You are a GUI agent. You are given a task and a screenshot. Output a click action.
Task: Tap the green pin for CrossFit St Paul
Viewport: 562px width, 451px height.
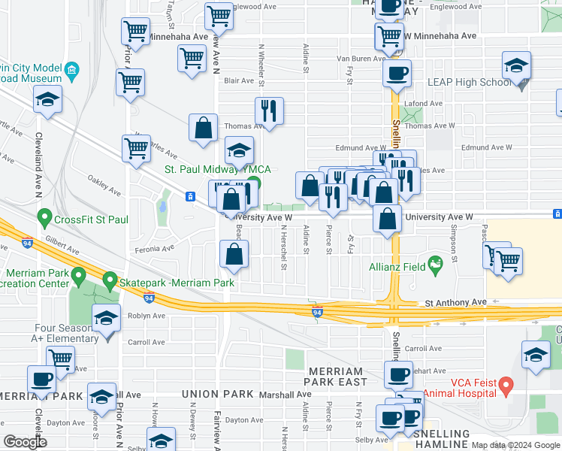(x=44, y=220)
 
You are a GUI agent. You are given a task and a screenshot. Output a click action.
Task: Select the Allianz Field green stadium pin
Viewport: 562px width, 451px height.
(x=434, y=265)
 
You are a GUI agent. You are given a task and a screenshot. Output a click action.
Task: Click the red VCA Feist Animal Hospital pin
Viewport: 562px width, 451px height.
(x=506, y=387)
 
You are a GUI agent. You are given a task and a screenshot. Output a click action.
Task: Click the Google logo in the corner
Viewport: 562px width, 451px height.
(x=25, y=442)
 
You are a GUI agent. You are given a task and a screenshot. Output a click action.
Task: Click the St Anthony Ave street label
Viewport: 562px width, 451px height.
(x=456, y=302)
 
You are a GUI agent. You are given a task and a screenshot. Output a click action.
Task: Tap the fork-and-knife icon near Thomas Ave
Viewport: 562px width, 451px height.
(x=268, y=111)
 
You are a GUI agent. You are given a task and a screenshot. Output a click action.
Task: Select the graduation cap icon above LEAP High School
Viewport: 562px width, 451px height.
(x=516, y=66)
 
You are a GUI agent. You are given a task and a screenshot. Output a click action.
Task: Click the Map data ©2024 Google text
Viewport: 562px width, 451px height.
(x=515, y=444)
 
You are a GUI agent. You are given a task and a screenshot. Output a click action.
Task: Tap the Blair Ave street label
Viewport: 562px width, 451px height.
(x=240, y=80)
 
